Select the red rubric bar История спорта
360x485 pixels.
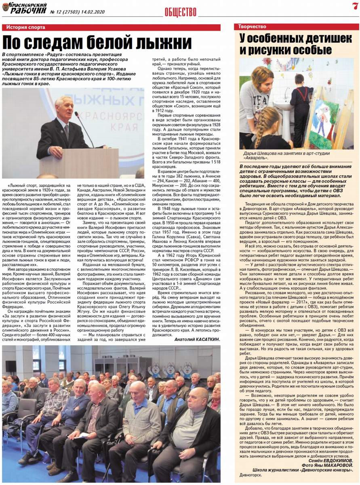(111, 27)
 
